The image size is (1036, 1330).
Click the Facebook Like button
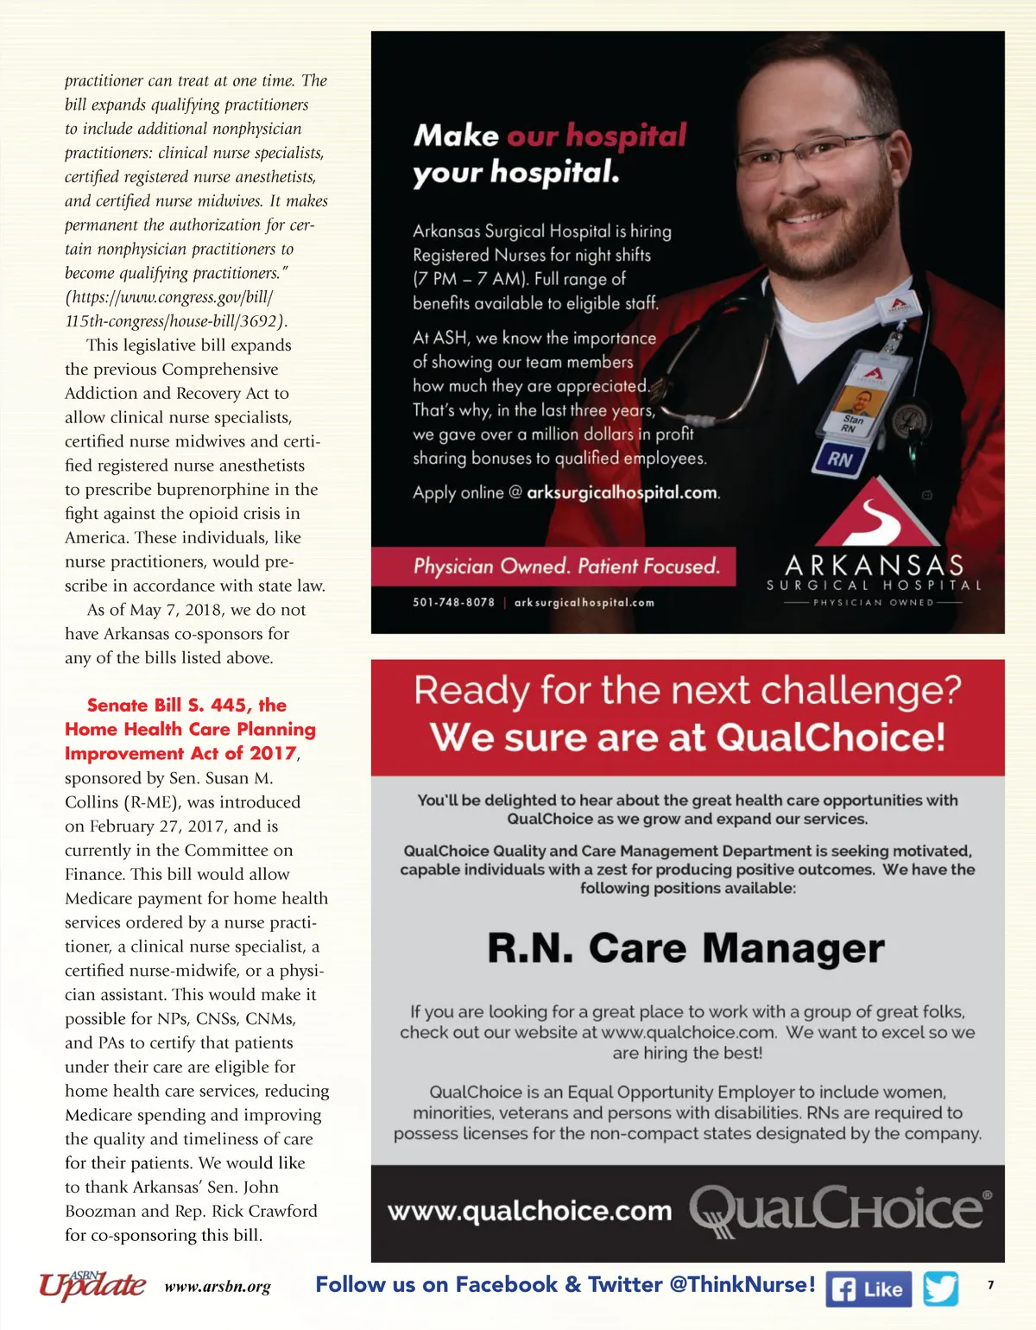[x=869, y=1289]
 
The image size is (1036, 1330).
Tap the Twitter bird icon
[x=940, y=1289]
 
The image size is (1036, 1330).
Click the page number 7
[x=990, y=1285]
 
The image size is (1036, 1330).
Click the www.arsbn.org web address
[x=218, y=1287]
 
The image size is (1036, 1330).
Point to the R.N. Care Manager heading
[x=686, y=948]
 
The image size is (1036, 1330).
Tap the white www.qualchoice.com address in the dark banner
[x=529, y=1211]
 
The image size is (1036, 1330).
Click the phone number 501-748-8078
[x=453, y=602]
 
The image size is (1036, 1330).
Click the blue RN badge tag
[x=839, y=459]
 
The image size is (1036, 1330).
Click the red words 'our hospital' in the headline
[x=597, y=136]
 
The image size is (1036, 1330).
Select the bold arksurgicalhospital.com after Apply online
[x=622, y=493]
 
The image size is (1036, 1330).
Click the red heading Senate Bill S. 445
[x=186, y=705]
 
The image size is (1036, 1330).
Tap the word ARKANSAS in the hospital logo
[x=874, y=565]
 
